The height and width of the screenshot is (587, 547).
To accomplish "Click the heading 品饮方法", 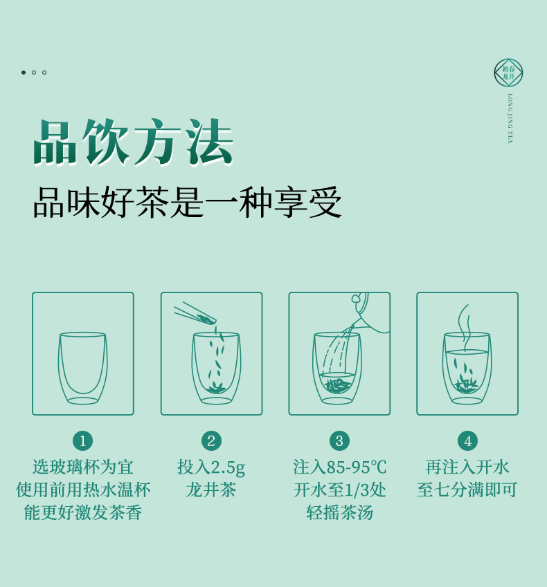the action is point(134,142).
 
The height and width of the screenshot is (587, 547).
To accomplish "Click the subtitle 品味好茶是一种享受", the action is point(188,202).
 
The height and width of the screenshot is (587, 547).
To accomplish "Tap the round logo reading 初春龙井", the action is point(508,73).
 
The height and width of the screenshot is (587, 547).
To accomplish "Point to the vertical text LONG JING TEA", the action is point(510,118).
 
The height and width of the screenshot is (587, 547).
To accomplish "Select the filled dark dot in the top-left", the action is point(24,73).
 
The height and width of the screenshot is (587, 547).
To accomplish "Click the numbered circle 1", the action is point(83,440).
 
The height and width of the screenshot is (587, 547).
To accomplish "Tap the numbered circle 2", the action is point(211,440).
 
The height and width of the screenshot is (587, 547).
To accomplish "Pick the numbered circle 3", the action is point(340,440).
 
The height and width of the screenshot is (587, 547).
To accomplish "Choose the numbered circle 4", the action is point(468,440).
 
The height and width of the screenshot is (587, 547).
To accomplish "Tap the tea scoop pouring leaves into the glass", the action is point(195,315).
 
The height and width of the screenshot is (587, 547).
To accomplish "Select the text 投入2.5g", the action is point(211,467).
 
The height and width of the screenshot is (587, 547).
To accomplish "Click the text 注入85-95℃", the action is point(340,467).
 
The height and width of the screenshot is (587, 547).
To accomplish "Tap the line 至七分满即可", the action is point(467,490).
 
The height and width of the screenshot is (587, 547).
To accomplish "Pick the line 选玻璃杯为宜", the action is point(83,467).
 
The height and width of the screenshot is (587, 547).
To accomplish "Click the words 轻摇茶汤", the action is point(340,512).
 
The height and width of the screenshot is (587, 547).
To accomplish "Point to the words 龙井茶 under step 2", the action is point(211,490).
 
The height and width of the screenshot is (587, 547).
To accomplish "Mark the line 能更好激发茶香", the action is point(83,512).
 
